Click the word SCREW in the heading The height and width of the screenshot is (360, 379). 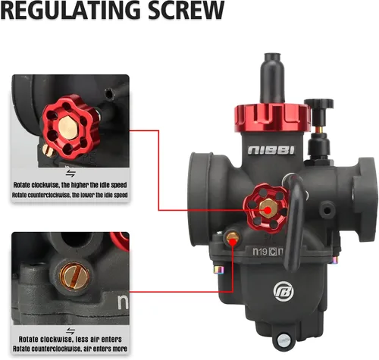coord(186,10)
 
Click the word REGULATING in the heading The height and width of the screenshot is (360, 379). coord(70,10)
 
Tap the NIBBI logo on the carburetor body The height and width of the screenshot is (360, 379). coord(271,150)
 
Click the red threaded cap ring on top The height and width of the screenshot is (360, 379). coord(272,117)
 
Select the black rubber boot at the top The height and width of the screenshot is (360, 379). coord(273,78)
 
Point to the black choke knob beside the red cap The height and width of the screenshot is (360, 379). coord(319,104)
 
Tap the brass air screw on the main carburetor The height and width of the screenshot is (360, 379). coord(232,237)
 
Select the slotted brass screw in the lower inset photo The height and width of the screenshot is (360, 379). coord(74,276)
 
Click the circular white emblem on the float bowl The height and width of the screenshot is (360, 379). coord(283,291)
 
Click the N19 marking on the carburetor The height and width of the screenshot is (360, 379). coord(260,252)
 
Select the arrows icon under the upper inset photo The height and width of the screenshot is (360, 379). coord(70,174)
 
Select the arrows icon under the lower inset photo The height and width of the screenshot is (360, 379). coord(70,330)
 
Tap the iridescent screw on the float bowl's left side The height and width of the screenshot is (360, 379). coord(219,270)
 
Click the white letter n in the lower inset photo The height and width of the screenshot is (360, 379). coord(124,302)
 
